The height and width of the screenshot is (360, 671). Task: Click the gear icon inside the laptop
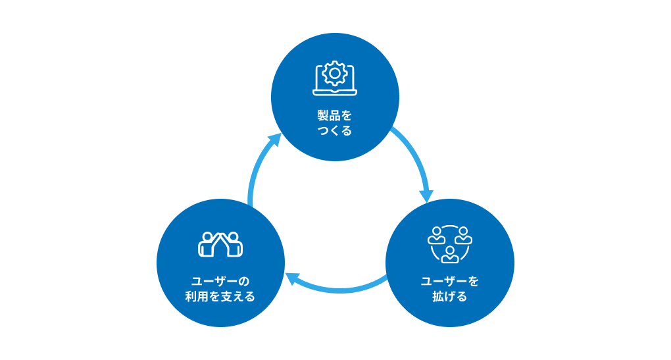tap(335, 74)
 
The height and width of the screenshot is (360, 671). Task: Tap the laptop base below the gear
tap(335, 92)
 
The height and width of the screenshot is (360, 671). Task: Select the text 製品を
tap(335, 116)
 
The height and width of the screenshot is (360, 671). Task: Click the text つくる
tap(335, 130)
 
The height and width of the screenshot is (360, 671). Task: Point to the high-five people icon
tap(220, 244)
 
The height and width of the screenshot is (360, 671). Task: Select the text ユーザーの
tap(220, 282)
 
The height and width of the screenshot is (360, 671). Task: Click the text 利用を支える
tap(220, 297)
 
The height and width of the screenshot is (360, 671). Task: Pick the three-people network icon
tap(450, 244)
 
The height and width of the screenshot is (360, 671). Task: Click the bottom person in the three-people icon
tap(450, 255)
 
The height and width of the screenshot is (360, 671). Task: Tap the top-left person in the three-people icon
tap(437, 236)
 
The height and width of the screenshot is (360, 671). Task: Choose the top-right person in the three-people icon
tap(464, 236)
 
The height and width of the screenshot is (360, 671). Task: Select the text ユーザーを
tap(450, 282)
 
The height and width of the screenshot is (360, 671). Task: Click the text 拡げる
tap(450, 297)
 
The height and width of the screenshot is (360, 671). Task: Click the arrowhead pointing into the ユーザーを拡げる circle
tap(426, 195)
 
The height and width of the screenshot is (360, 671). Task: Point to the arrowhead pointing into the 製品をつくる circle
tap(274, 140)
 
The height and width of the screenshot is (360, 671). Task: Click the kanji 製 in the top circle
tap(323, 116)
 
